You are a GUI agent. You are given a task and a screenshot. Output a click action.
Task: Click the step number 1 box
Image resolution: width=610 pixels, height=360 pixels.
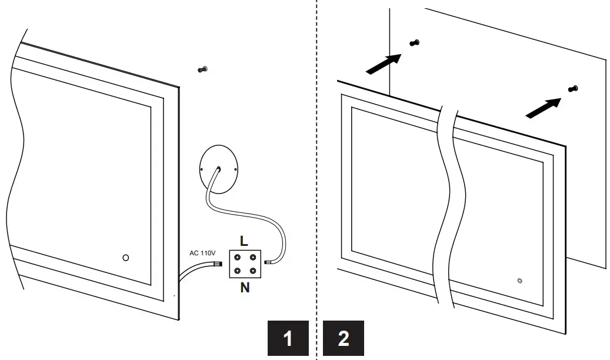288,339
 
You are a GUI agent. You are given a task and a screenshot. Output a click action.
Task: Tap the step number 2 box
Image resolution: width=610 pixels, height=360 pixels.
344,339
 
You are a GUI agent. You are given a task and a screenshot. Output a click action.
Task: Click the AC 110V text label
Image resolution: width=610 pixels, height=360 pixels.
202,253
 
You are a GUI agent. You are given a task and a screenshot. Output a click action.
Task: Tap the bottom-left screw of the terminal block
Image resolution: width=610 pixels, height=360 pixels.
237,271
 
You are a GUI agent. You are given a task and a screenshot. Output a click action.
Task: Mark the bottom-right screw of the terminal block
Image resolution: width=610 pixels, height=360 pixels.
252,271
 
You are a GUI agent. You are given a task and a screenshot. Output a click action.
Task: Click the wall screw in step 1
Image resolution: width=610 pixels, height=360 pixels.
203,69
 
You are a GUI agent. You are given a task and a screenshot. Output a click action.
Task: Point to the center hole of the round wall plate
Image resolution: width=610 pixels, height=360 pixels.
218,169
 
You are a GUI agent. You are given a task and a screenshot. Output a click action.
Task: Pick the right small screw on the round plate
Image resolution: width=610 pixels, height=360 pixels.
235,169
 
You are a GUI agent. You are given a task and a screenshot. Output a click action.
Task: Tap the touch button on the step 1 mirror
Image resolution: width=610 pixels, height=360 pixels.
125,258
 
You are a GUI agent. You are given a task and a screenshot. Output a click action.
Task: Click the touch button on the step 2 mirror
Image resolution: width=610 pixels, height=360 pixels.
519,281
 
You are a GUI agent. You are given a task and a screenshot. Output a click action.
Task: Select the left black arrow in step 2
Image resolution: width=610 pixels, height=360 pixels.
384,64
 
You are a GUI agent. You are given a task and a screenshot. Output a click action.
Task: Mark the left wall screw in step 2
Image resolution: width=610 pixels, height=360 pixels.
415,42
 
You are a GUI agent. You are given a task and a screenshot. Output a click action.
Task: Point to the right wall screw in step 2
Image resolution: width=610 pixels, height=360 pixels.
574,88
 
